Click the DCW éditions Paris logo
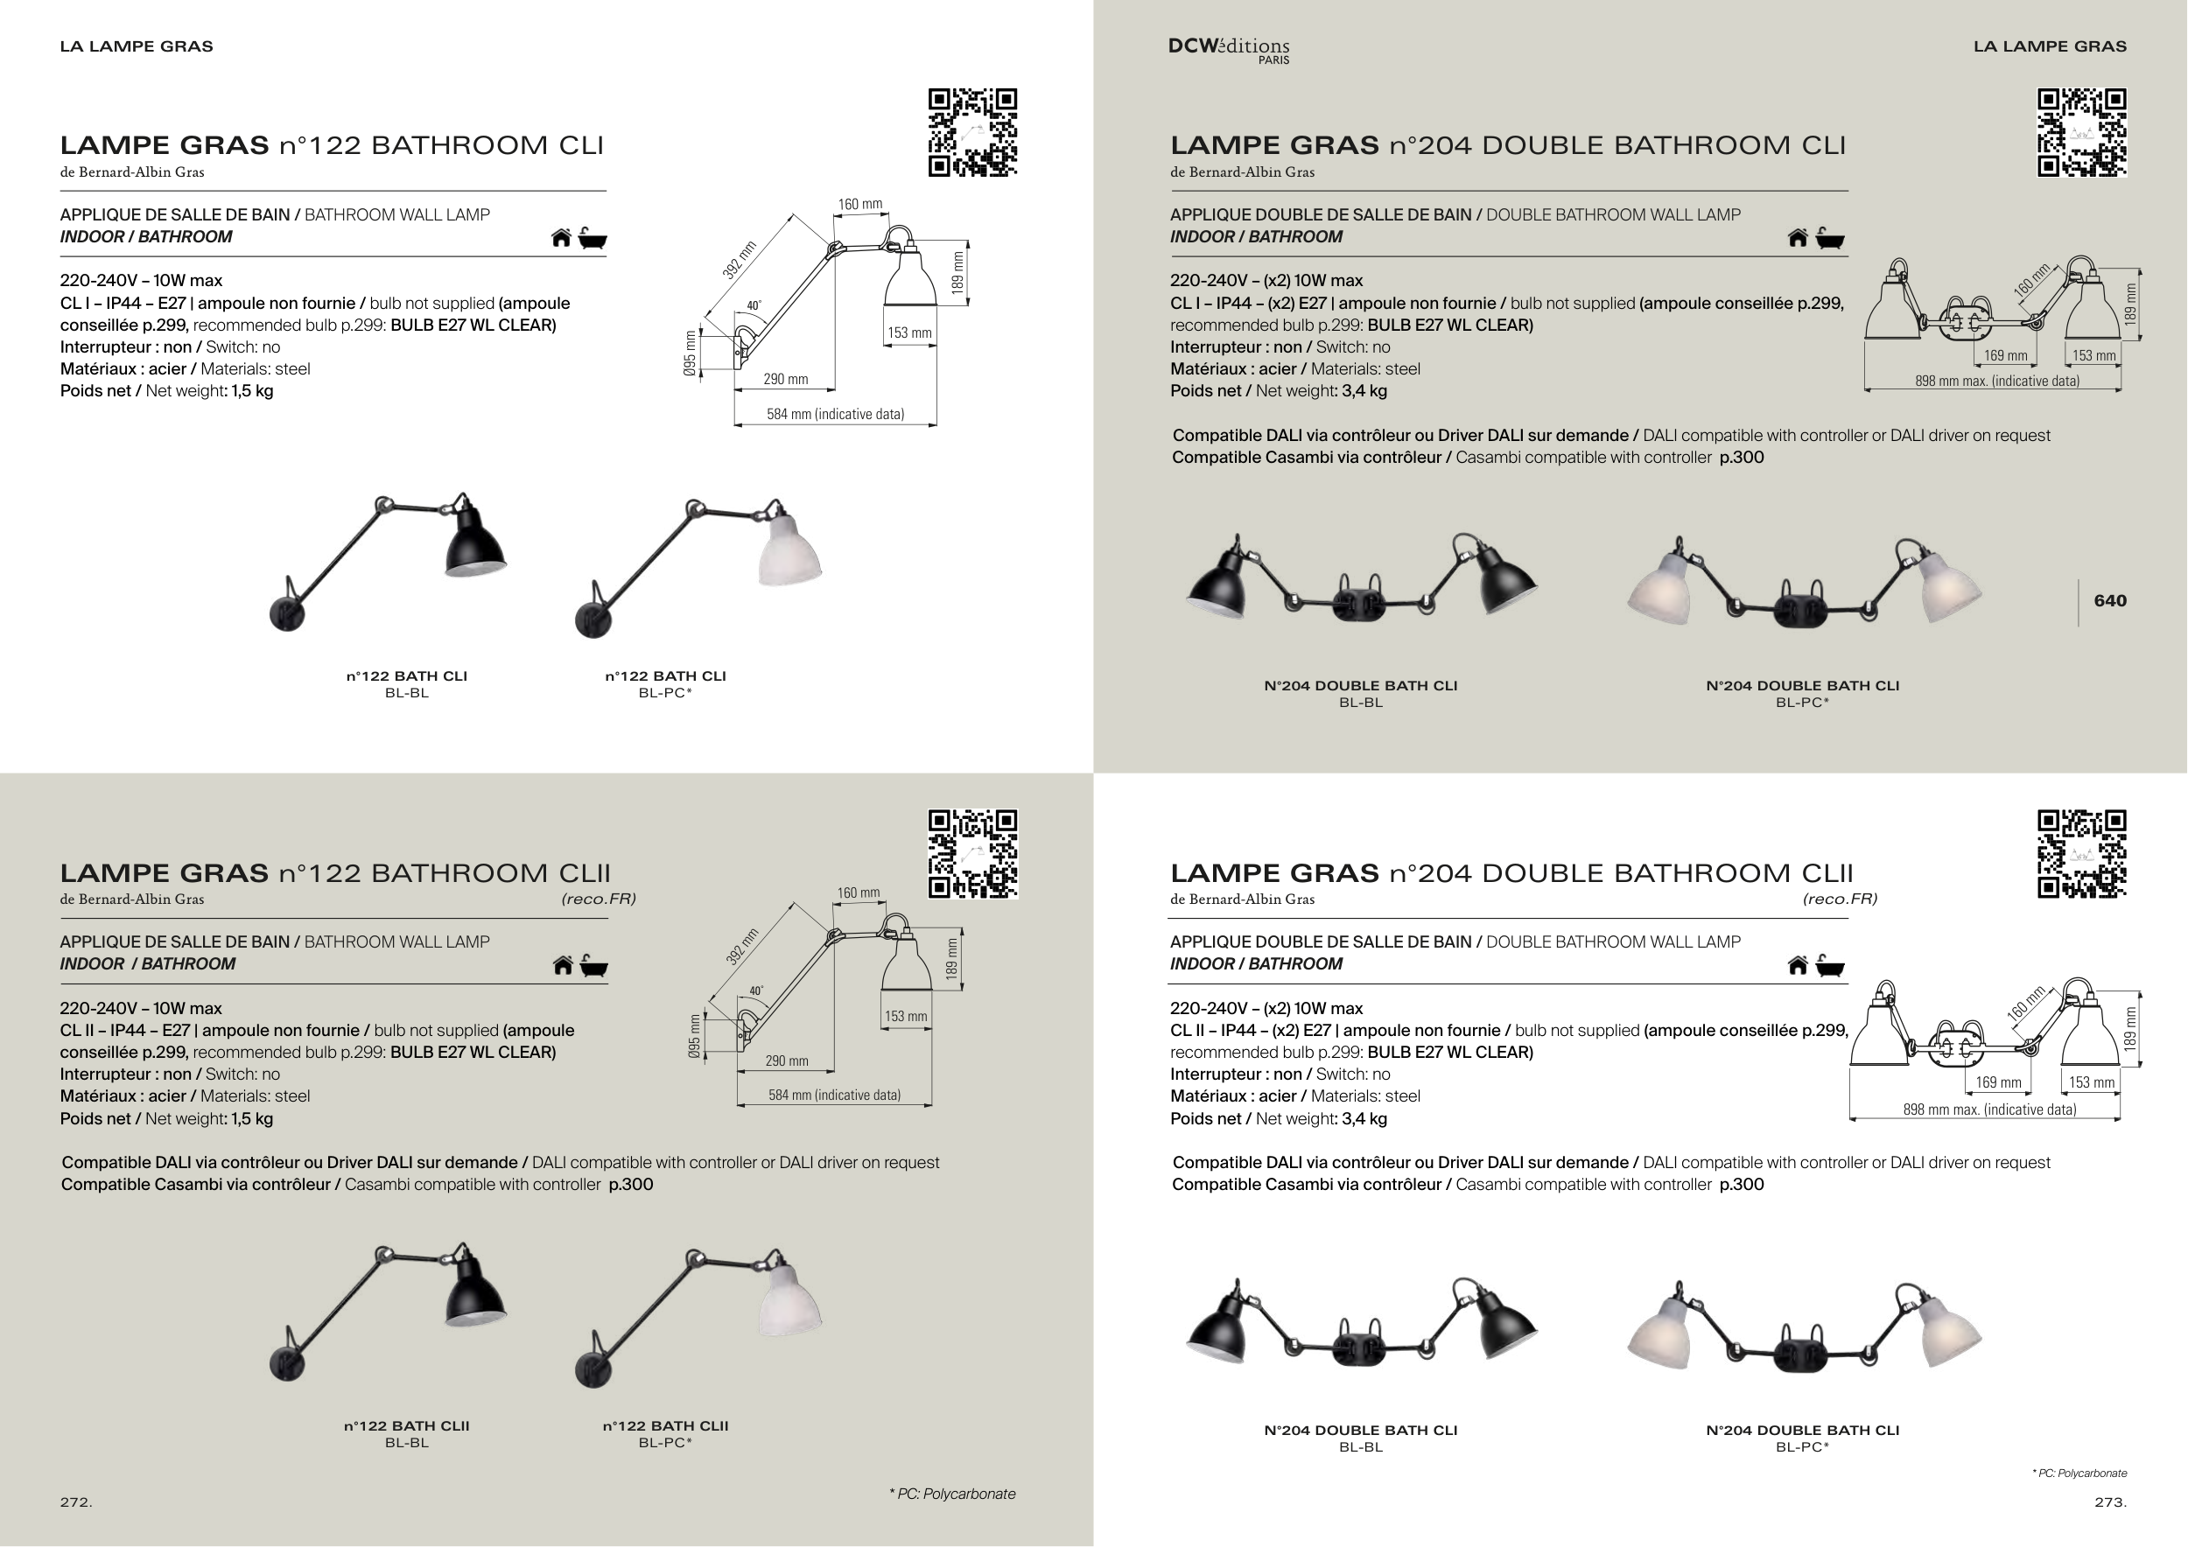click(x=1229, y=50)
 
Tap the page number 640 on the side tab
click(x=2110, y=601)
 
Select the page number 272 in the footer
click(x=75, y=1502)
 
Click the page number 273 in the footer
click(x=2110, y=1502)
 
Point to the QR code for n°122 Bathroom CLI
click(x=972, y=132)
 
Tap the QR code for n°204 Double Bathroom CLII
click(x=2081, y=853)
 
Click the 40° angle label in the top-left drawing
click(x=754, y=305)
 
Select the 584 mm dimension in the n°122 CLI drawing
click(x=835, y=415)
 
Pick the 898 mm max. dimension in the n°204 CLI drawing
click(x=1996, y=381)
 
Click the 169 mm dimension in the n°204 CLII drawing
click(x=1998, y=1082)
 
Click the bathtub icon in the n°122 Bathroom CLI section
click(x=593, y=238)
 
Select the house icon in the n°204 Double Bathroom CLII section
click(x=1798, y=966)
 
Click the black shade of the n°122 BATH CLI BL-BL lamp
click(x=475, y=543)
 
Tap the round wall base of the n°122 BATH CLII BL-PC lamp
click(x=592, y=1371)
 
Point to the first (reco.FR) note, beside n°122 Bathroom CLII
click(x=599, y=899)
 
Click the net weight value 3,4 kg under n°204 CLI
click(x=1364, y=391)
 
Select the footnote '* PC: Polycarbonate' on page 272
click(x=952, y=1494)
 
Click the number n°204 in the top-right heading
click(x=1430, y=146)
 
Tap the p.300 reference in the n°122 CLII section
click(x=631, y=1185)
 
